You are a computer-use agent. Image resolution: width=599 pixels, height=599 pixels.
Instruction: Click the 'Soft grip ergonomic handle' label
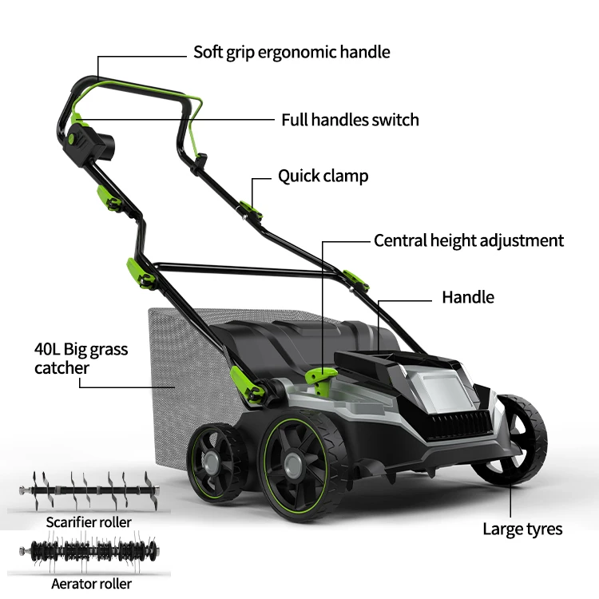tap(292, 53)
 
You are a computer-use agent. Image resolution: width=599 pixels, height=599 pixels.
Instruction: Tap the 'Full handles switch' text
tap(350, 120)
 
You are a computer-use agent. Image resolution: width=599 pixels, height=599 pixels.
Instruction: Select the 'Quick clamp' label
tap(323, 177)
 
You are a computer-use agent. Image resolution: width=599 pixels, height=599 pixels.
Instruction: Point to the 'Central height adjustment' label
tap(469, 240)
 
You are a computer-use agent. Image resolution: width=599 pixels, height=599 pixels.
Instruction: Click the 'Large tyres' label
tap(522, 530)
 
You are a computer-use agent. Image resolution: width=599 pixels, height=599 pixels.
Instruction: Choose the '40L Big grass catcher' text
tap(81, 359)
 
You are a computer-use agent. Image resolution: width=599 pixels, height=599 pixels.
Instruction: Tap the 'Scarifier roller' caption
tap(89, 522)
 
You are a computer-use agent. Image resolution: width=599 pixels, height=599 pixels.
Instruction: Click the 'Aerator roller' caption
tap(91, 584)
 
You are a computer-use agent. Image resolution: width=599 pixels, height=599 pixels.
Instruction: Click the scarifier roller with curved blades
tap(89, 490)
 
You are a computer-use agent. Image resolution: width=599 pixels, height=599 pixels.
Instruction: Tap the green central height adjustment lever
tap(321, 379)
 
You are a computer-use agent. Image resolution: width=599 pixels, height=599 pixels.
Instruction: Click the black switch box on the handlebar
tap(89, 145)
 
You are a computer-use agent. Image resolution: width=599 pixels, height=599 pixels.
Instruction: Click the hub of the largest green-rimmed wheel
tap(293, 466)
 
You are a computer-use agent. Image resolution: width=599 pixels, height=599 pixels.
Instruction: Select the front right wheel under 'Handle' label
tap(512, 439)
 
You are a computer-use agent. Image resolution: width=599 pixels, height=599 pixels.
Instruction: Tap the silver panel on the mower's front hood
tap(445, 390)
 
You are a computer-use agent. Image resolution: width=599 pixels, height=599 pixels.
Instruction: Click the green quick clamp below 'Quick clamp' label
tap(251, 209)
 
